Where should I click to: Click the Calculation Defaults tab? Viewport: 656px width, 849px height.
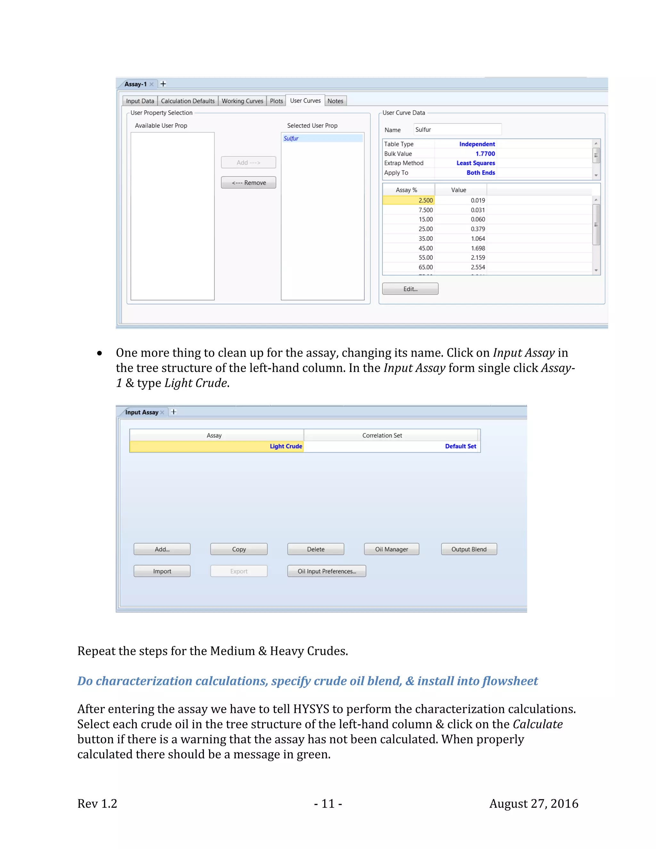click(x=187, y=101)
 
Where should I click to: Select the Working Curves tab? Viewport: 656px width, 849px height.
click(x=242, y=101)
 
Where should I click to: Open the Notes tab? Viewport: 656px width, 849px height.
click(x=335, y=101)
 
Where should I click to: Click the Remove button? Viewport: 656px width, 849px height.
click(x=248, y=183)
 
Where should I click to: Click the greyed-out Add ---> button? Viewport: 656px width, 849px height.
click(x=248, y=162)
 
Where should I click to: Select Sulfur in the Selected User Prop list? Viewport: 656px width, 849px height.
click(x=291, y=138)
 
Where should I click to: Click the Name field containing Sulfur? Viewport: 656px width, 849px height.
click(x=457, y=129)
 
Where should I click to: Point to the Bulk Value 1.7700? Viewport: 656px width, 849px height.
click(x=485, y=153)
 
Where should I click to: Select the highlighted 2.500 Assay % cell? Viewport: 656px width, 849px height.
click(x=409, y=200)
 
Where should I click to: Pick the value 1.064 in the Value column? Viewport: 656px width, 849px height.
click(x=478, y=239)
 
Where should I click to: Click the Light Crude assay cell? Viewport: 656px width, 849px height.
click(x=217, y=446)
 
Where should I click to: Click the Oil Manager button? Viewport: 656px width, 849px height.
click(x=391, y=549)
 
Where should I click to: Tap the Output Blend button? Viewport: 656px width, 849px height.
click(x=469, y=549)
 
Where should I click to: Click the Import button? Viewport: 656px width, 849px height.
click(x=162, y=571)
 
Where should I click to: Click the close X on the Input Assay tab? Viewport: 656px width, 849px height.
click(x=162, y=412)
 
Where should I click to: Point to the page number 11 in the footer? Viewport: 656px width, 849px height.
click(x=328, y=804)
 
